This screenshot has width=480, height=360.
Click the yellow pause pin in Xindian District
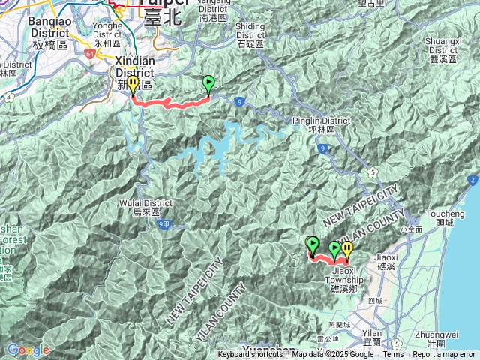tap(133, 84)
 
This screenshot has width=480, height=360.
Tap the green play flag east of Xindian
tap(209, 83)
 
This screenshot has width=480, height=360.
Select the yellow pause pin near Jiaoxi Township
tap(346, 249)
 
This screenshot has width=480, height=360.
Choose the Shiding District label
tap(250, 31)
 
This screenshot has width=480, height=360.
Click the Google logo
tap(28, 350)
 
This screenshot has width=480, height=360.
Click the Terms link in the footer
tap(393, 355)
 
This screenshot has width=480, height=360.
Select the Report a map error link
tap(444, 355)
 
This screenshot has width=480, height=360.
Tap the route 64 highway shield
tap(90, 55)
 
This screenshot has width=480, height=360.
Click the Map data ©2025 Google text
tap(333, 355)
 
